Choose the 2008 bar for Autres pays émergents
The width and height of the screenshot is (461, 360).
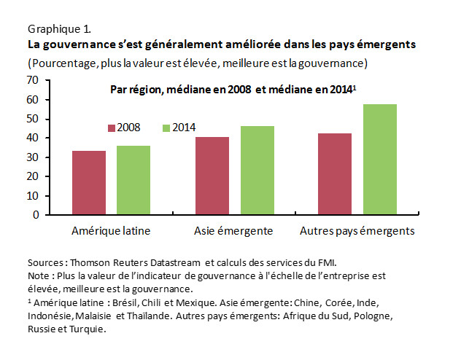click(335, 174)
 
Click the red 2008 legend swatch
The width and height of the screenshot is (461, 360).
click(112, 128)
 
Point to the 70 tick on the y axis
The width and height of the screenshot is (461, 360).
click(34, 80)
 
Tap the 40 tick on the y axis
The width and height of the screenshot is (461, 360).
click(34, 138)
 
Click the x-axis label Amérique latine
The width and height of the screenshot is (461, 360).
click(111, 231)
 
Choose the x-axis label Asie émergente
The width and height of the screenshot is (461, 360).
click(233, 231)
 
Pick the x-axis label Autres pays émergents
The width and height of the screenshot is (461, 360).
click(357, 231)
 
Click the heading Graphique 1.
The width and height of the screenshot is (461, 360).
click(59, 30)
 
